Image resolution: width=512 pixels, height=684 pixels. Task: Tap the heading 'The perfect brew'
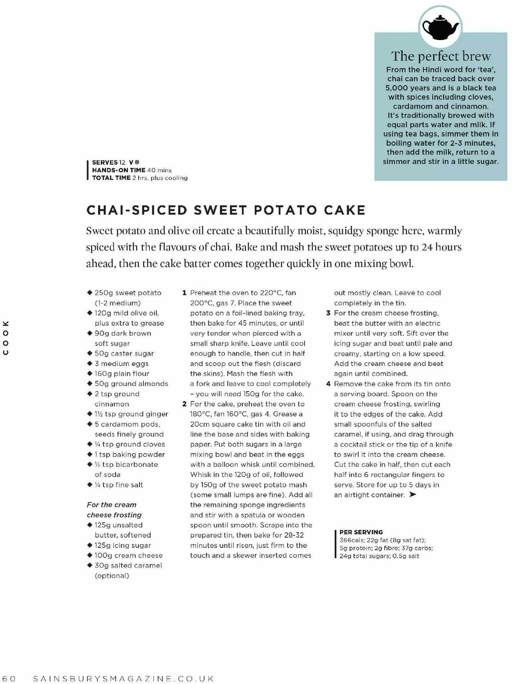[x=441, y=56]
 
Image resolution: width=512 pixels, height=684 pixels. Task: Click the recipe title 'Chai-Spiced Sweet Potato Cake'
[x=226, y=210]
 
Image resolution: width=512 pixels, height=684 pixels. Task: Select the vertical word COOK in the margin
[x=6, y=337]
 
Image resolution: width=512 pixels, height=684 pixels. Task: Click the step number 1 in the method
[x=184, y=293]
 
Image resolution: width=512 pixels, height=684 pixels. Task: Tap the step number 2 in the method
[x=184, y=404]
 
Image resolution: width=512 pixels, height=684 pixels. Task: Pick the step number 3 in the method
[x=328, y=313]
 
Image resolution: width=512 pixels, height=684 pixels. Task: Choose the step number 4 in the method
[x=328, y=384]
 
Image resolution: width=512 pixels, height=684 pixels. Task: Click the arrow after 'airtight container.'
[x=412, y=495]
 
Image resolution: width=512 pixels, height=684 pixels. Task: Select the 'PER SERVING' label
[x=361, y=532]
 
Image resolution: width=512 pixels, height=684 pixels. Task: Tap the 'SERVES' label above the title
[x=105, y=162]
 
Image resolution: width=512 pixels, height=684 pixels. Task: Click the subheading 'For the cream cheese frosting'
[x=114, y=510]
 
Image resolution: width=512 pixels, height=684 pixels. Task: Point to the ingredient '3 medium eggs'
[x=122, y=364]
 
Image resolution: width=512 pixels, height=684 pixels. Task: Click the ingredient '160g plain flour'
[x=122, y=374]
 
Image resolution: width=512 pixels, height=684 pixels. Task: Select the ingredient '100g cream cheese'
[x=128, y=555]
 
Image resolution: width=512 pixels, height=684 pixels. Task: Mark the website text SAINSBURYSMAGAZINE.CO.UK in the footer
[x=123, y=678]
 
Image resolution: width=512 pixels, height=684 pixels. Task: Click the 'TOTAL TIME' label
[x=111, y=178]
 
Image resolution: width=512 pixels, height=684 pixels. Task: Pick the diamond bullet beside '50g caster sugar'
[x=90, y=353]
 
